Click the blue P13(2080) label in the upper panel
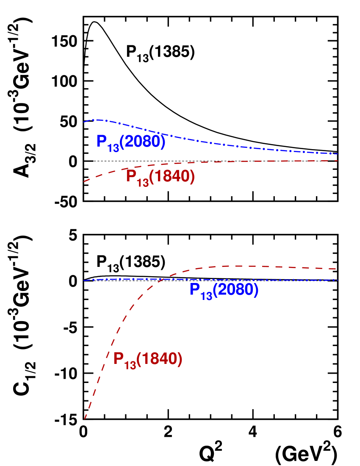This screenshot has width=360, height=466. tap(130, 142)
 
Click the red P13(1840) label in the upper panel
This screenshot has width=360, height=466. tap(160, 177)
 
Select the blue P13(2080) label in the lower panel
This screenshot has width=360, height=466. tap(224, 290)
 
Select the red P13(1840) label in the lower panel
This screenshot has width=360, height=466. tap(147, 360)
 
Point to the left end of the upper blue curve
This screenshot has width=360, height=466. tap(84, 122)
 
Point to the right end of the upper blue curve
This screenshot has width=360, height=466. tap(338, 154)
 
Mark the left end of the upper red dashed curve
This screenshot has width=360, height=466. tap(84, 182)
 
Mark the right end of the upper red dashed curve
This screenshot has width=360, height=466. tap(338, 161)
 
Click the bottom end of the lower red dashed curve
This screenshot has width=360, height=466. tap(85, 419)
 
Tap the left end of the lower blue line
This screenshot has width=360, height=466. tap(84, 280)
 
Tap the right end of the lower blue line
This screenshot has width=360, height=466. tap(338, 280)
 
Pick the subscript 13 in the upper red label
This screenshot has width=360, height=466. tap(143, 182)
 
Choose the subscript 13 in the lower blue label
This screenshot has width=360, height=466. tap(206, 295)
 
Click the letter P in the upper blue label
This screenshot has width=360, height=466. tap(101, 141)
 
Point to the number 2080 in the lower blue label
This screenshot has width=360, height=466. tap(235, 290)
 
